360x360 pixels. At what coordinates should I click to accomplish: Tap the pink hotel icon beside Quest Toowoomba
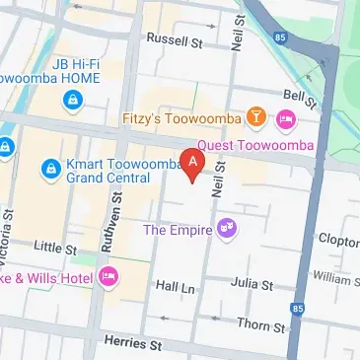click(x=286, y=120)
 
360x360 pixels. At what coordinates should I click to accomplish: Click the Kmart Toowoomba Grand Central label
click(x=116, y=172)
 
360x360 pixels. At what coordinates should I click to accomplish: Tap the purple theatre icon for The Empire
click(x=228, y=230)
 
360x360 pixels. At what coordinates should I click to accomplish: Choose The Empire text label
click(x=178, y=230)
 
